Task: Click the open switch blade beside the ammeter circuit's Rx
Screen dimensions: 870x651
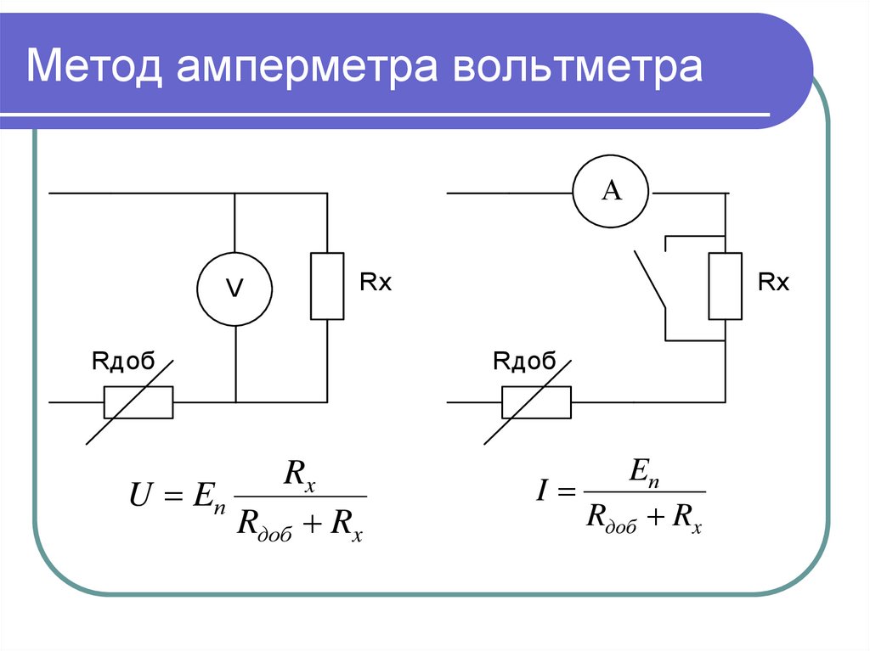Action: (650, 279)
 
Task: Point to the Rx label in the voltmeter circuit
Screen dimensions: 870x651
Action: (376, 283)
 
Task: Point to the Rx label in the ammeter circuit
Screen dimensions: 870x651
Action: (773, 283)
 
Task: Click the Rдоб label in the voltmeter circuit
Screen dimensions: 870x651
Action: (123, 361)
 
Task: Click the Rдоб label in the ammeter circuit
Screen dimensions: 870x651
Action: (524, 361)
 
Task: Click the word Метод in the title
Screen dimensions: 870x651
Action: (94, 66)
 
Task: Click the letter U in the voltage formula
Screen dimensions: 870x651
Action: (139, 495)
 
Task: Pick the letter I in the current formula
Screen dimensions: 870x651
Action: (542, 491)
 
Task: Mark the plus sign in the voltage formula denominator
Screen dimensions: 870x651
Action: (313, 522)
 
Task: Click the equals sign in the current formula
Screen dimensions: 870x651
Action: (567, 491)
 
